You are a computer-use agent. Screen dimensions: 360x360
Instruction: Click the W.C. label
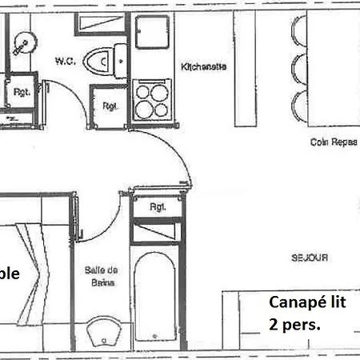(x=65, y=60)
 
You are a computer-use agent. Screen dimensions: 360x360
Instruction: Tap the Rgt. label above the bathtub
(x=158, y=207)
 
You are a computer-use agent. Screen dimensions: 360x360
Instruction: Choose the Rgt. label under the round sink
(x=22, y=92)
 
